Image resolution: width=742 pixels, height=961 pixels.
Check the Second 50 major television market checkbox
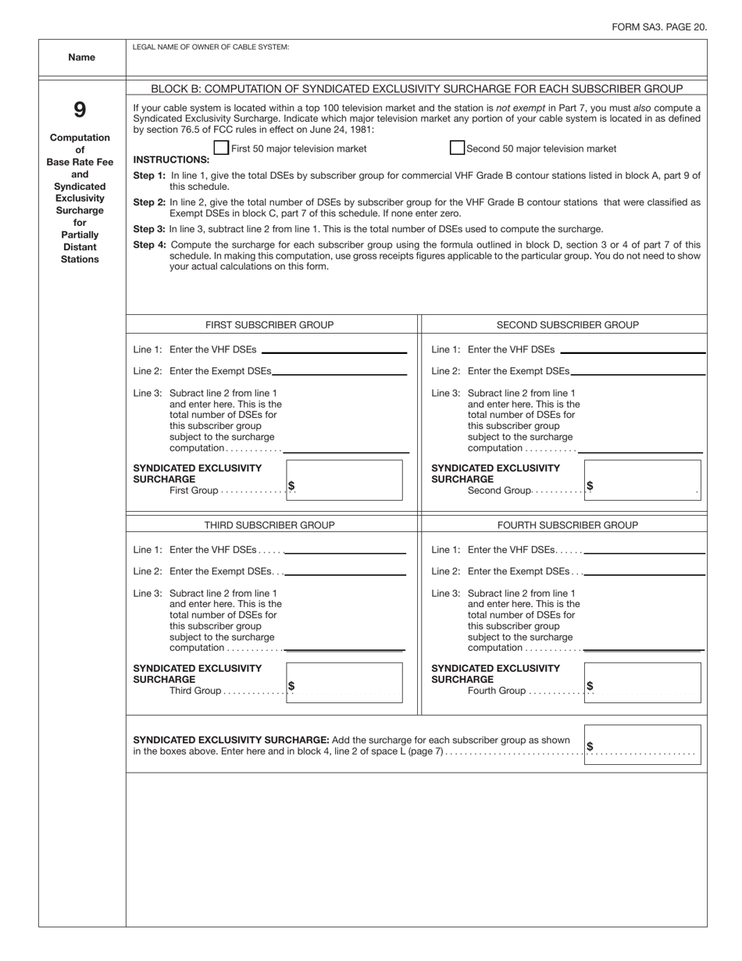coord(457,148)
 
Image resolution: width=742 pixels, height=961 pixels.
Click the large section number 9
coord(80,109)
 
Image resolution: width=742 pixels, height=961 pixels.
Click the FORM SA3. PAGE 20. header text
coord(659,27)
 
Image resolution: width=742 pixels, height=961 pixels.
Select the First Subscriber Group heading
coord(269,324)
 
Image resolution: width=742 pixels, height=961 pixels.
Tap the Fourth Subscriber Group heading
coord(567,525)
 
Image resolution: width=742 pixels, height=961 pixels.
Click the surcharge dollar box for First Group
coord(344,480)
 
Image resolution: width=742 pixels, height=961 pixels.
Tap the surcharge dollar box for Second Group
coord(642,480)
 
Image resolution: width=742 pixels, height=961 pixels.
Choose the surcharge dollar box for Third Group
coord(344,682)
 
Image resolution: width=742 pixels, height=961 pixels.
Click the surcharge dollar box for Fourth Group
coord(642,682)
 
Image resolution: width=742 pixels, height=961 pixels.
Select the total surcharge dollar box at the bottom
coord(642,744)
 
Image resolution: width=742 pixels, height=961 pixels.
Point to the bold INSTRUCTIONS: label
coord(171,159)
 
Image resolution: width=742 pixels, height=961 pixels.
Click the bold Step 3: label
coord(149,229)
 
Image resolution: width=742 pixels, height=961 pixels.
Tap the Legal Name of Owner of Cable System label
coord(211,47)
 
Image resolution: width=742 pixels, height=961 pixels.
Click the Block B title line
coord(416,88)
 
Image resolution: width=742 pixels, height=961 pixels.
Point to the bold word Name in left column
coord(81,57)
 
